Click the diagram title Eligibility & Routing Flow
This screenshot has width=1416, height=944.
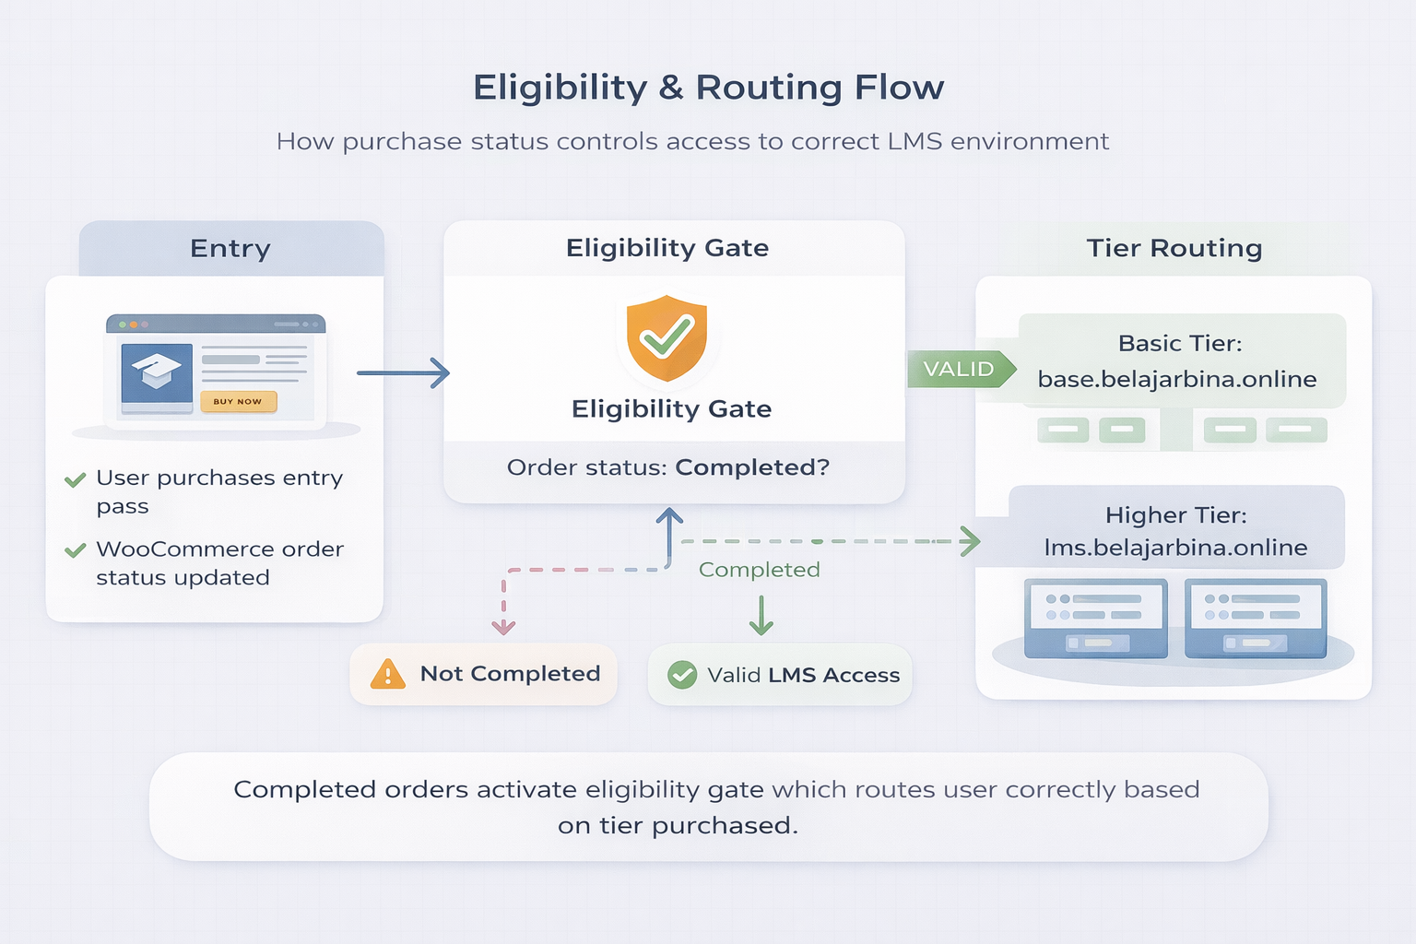[708, 88]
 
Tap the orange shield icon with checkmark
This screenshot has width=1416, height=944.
[667, 338]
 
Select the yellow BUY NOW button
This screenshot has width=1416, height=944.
[238, 401]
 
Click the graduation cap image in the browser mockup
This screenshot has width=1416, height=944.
[156, 372]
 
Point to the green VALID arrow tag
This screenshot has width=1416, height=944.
[961, 369]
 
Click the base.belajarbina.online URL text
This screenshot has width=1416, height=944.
[1176, 379]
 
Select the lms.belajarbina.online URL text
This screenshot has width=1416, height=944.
[1175, 548]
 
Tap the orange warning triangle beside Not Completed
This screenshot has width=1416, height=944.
[387, 675]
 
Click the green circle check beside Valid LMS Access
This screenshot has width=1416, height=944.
[682, 675]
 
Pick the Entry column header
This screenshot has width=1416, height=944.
[230, 249]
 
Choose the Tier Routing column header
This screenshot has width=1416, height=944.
[1174, 248]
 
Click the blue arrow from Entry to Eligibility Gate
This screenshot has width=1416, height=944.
[403, 373]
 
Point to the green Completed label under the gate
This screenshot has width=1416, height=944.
[759, 570]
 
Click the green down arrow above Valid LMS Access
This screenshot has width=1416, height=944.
[761, 616]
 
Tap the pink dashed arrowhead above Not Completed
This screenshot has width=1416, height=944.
[503, 627]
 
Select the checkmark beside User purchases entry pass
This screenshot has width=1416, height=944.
[76, 479]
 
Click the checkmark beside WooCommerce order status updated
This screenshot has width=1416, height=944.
[76, 550]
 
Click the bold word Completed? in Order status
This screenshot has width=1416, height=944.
[752, 467]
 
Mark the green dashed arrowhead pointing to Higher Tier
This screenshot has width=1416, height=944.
[968, 541]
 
